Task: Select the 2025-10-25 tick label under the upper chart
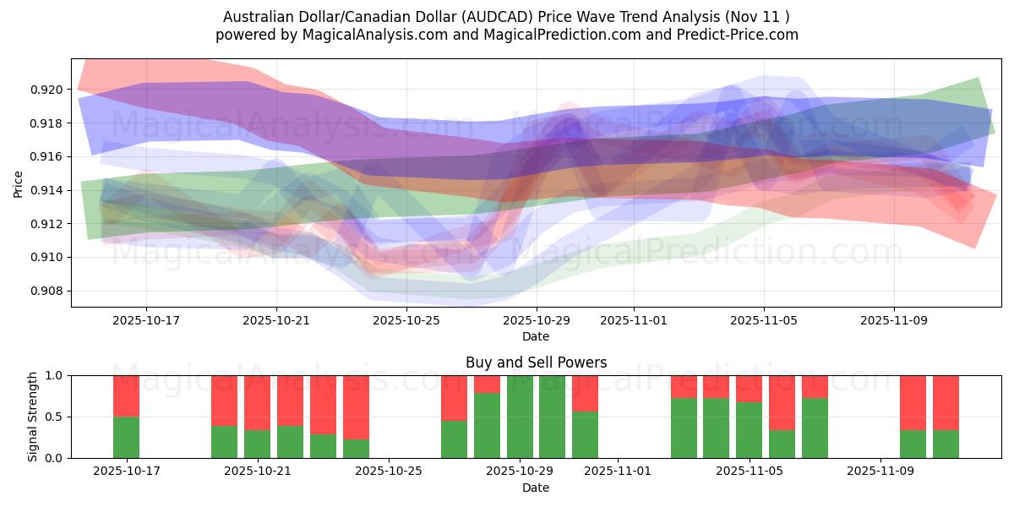click(406, 321)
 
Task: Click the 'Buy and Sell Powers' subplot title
click(536, 363)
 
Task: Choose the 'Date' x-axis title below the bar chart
click(536, 488)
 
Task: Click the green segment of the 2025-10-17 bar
click(126, 437)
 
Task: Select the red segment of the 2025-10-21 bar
click(257, 402)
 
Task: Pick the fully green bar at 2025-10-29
click(520, 417)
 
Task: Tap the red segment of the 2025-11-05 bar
click(749, 388)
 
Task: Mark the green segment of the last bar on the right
click(946, 444)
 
